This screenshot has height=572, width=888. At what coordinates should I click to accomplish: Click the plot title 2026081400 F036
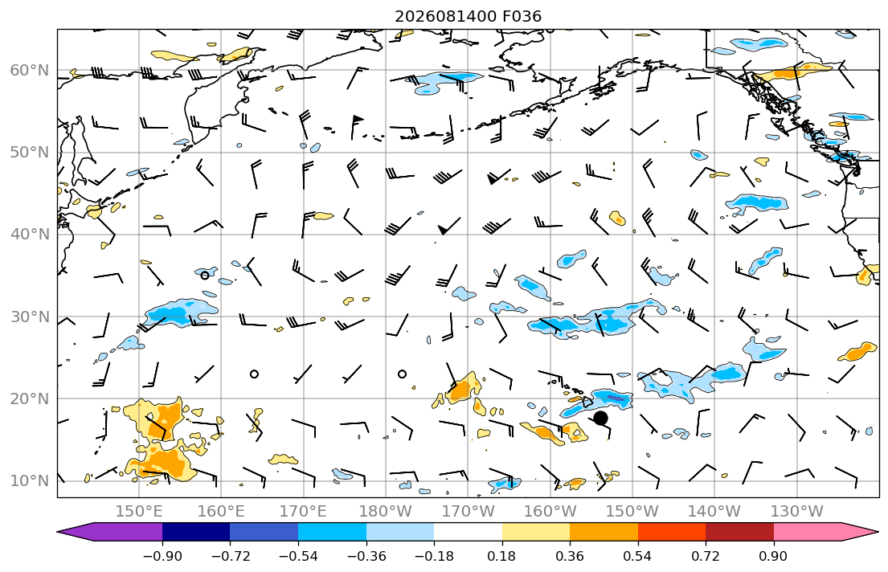click(x=468, y=16)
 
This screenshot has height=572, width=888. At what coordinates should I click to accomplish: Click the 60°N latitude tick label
click(x=30, y=70)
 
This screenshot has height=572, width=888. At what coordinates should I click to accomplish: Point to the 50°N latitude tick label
click(x=30, y=153)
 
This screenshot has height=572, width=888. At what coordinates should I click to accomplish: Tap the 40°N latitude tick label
click(x=30, y=235)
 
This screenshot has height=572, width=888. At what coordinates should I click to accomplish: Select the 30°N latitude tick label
click(x=30, y=317)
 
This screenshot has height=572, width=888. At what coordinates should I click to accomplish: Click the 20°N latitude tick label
click(x=30, y=398)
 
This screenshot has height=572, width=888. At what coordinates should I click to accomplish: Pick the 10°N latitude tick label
click(x=30, y=481)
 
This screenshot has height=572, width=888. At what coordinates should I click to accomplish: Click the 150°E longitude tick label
click(x=139, y=512)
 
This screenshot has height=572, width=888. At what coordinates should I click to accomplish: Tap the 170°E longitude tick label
click(x=304, y=512)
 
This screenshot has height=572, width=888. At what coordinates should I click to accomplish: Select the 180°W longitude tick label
click(x=387, y=512)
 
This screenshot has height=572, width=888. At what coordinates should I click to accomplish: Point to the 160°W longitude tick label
click(x=550, y=512)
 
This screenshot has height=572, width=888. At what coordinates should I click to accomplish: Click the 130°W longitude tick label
click(x=797, y=512)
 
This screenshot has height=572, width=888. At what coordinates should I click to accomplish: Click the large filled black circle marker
click(x=601, y=418)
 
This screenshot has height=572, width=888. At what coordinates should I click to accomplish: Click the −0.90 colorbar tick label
click(x=162, y=556)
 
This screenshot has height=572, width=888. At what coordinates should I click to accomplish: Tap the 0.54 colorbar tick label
click(x=638, y=556)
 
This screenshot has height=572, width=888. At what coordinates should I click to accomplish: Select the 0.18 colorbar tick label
click(x=501, y=556)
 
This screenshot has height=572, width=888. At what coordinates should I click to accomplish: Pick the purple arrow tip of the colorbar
click(x=58, y=532)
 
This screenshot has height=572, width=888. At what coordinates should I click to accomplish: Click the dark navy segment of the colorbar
click(x=196, y=532)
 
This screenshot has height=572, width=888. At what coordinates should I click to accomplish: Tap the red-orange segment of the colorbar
click(x=672, y=532)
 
